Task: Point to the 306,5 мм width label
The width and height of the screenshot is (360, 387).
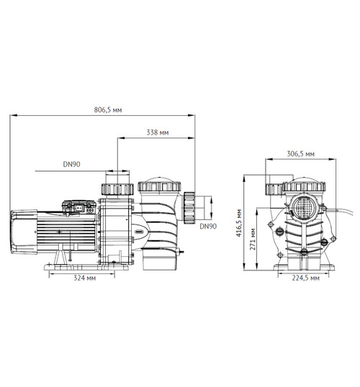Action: click(300, 153)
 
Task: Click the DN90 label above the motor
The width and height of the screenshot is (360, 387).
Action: click(71, 165)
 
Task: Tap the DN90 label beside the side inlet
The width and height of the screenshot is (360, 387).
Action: click(207, 226)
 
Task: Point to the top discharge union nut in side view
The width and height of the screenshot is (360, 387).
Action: click(115, 189)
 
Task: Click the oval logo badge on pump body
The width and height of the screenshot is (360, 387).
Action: click(138, 232)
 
